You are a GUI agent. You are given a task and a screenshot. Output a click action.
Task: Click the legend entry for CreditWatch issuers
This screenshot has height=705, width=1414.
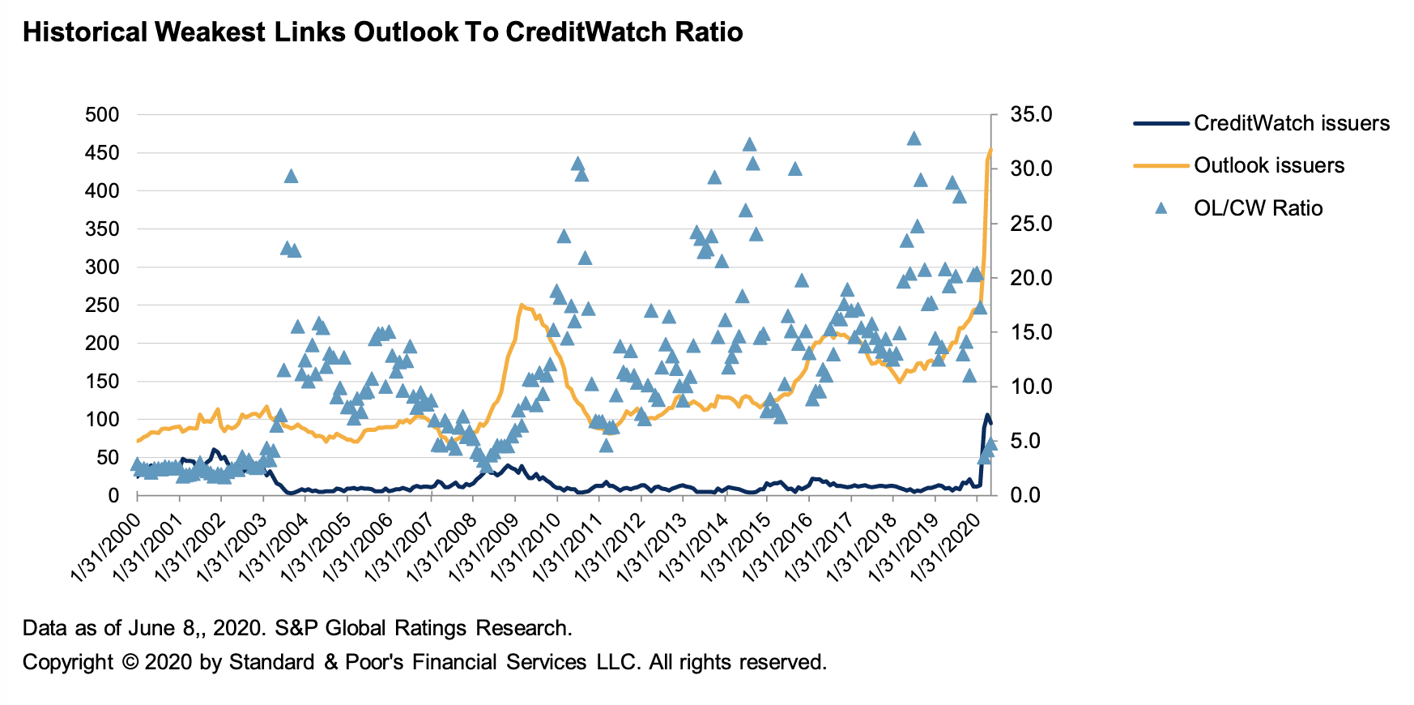point(1291,123)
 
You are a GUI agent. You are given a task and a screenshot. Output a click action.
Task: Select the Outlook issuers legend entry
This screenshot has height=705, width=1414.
point(1268,165)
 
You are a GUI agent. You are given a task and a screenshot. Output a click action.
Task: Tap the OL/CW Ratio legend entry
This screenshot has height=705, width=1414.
point(1257,208)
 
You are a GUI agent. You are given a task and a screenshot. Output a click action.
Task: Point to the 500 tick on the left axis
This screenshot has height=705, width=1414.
point(101,115)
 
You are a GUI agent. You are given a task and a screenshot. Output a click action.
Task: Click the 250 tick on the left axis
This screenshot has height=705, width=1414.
point(101,305)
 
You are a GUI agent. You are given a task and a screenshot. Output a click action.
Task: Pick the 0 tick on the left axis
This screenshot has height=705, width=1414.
point(113,495)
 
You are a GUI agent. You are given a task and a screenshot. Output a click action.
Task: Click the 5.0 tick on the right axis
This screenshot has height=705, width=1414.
point(1025,441)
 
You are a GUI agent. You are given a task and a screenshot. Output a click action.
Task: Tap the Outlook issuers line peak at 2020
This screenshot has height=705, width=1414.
point(990,150)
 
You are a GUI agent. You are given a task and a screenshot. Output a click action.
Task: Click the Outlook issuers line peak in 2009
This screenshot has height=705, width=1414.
point(521,305)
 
